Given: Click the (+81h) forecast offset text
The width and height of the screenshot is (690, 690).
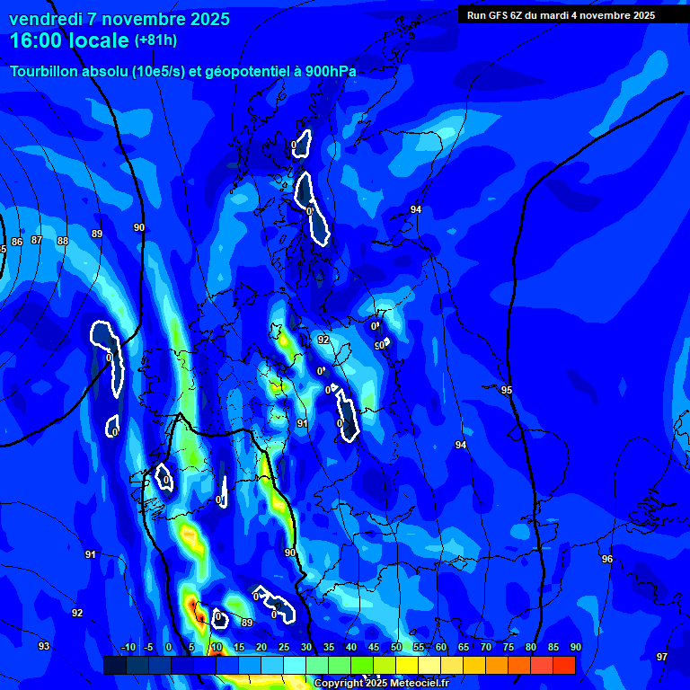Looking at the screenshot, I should (x=155, y=40).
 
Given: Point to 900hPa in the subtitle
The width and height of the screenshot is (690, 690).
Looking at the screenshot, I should (x=325, y=72).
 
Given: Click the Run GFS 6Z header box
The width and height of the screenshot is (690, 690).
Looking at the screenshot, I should (x=561, y=15).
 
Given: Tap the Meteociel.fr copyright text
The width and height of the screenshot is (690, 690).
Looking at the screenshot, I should (x=381, y=684).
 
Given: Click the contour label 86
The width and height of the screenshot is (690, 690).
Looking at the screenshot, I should (x=17, y=242).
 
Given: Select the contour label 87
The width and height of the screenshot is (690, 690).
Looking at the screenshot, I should (x=37, y=241).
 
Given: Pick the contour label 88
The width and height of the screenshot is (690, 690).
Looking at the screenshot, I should (x=63, y=242).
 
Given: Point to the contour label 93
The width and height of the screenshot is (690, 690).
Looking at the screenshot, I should (x=44, y=646).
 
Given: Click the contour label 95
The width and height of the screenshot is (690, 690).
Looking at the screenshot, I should (x=507, y=390).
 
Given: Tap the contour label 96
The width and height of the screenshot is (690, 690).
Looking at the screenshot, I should (x=607, y=559).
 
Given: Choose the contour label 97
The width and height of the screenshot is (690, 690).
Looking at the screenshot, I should (x=662, y=657).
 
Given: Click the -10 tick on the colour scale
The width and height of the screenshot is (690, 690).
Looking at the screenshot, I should (x=128, y=648).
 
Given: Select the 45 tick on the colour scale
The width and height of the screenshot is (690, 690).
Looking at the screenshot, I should (x=374, y=648).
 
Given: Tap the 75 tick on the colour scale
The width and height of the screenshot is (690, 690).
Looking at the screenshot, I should (x=509, y=648).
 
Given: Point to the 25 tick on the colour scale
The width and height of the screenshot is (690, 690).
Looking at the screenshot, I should (x=284, y=648).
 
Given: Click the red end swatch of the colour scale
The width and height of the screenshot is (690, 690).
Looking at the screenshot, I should (x=564, y=665).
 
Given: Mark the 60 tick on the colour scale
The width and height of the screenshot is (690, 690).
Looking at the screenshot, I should (x=441, y=648).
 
